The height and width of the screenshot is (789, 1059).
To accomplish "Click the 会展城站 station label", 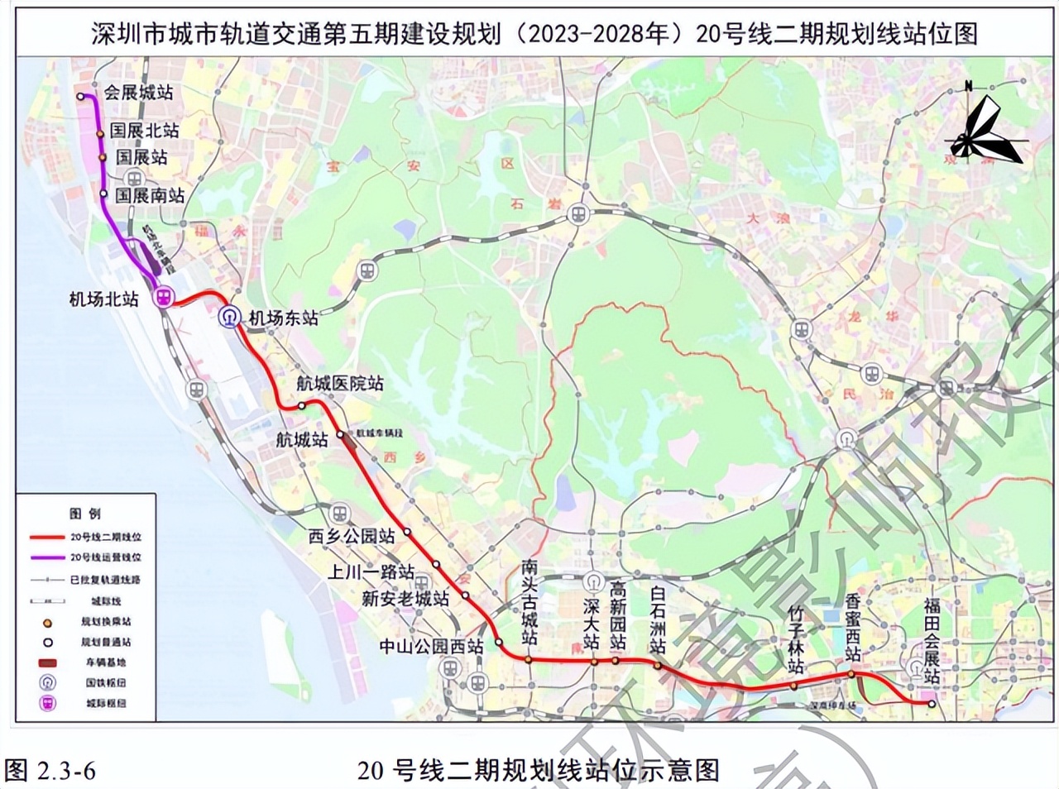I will [138, 93].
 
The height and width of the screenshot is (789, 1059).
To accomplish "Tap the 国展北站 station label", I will [144, 131].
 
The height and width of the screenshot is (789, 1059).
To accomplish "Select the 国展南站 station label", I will [150, 195].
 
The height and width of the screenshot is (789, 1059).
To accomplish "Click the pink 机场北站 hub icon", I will [165, 298].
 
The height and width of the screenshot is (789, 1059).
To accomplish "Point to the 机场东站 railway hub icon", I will [229, 316].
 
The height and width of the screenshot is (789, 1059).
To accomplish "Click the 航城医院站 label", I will [340, 383].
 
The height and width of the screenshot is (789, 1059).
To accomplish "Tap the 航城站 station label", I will [302, 439].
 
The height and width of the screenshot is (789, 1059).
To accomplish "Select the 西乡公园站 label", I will [352, 536].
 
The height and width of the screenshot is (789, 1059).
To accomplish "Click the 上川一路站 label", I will [371, 571].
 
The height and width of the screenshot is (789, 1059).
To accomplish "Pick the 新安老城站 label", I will [405, 598].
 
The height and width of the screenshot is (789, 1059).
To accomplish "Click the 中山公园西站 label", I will [431, 646].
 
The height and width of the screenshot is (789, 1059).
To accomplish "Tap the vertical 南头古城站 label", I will [529, 602].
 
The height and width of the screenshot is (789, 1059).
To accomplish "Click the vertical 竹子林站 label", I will [796, 638].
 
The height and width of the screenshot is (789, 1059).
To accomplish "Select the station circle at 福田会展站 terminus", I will [932, 704].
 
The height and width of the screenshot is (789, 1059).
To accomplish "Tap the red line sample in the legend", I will [47, 537].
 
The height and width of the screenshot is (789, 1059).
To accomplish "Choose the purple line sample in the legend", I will [47, 557].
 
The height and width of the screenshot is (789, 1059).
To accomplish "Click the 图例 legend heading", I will [84, 514].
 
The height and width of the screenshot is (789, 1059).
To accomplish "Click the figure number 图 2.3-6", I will [50, 771].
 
